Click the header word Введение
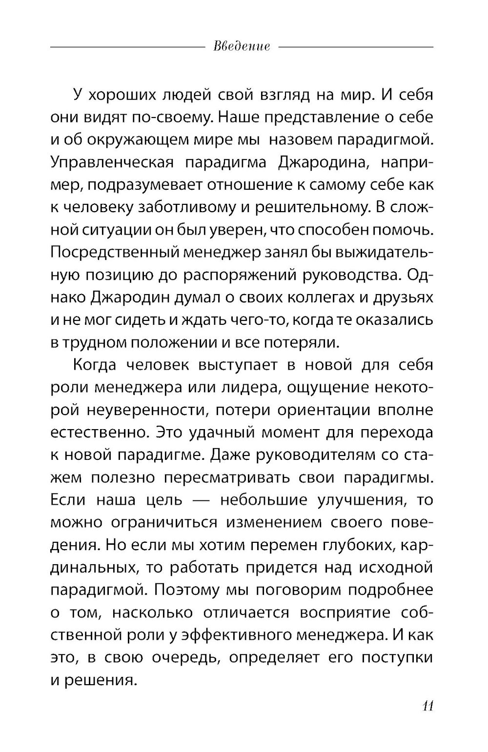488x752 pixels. (242, 47)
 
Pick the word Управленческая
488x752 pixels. (112, 162)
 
